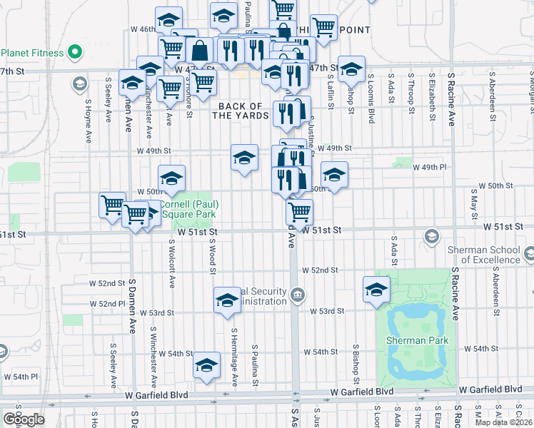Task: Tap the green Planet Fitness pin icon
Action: point(74,52)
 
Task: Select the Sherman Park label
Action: point(418,340)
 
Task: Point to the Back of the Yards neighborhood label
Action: point(242,111)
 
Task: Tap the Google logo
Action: point(24,419)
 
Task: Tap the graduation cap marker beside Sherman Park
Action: point(376,290)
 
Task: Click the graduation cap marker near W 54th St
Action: point(206,367)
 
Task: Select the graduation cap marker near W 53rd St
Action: point(227,300)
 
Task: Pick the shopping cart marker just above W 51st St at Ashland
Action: point(299,211)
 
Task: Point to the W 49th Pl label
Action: point(429,167)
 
